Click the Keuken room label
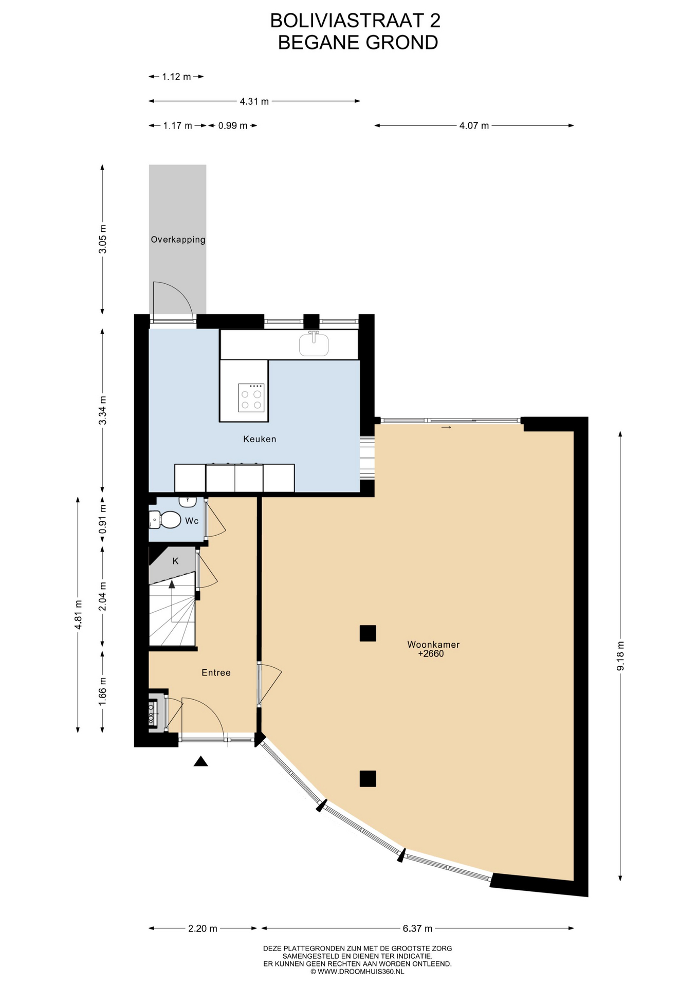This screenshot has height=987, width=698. coord(260,439)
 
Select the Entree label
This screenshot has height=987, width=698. coord(216,672)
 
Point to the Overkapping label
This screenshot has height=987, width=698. coord(178,240)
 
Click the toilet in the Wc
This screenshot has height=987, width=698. coord(165,520)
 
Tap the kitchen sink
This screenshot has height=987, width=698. coord(314,344)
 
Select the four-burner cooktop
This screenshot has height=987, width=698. coord(251,398)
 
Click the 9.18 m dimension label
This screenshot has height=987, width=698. coord(620,656)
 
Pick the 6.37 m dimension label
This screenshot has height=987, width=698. coord(417,928)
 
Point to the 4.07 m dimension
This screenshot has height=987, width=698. coord(474,125)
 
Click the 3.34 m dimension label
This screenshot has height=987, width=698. coord(103,410)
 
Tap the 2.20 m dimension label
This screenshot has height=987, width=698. coord(203,928)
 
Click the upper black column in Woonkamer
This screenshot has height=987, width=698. coord(368,633)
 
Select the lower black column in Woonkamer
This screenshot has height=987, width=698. coord(368,779)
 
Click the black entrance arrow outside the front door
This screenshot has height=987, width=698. coord(200,761)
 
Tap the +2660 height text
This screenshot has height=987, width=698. coord(431,654)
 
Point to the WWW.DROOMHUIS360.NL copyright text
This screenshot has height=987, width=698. coord(357,972)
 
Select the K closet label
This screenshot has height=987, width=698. coord(175,561)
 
